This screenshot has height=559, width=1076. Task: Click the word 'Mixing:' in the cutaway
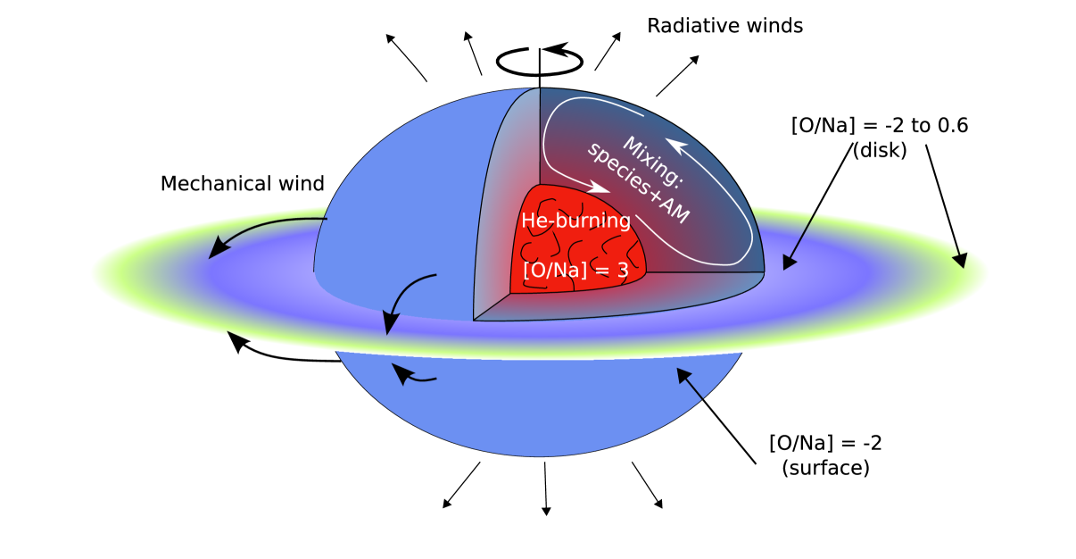click(652, 162)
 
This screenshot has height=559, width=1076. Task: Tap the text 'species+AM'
click(637, 183)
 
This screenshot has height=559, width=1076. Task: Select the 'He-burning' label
click(575, 221)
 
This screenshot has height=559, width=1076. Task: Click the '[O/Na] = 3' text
click(575, 270)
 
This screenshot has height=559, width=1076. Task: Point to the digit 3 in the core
click(623, 270)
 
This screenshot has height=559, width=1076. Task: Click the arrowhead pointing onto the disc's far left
click(217, 249)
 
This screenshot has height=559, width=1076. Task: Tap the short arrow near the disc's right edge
click(959, 254)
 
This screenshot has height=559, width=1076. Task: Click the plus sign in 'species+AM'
click(654, 197)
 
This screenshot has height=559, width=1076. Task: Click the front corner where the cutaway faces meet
click(474, 319)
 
